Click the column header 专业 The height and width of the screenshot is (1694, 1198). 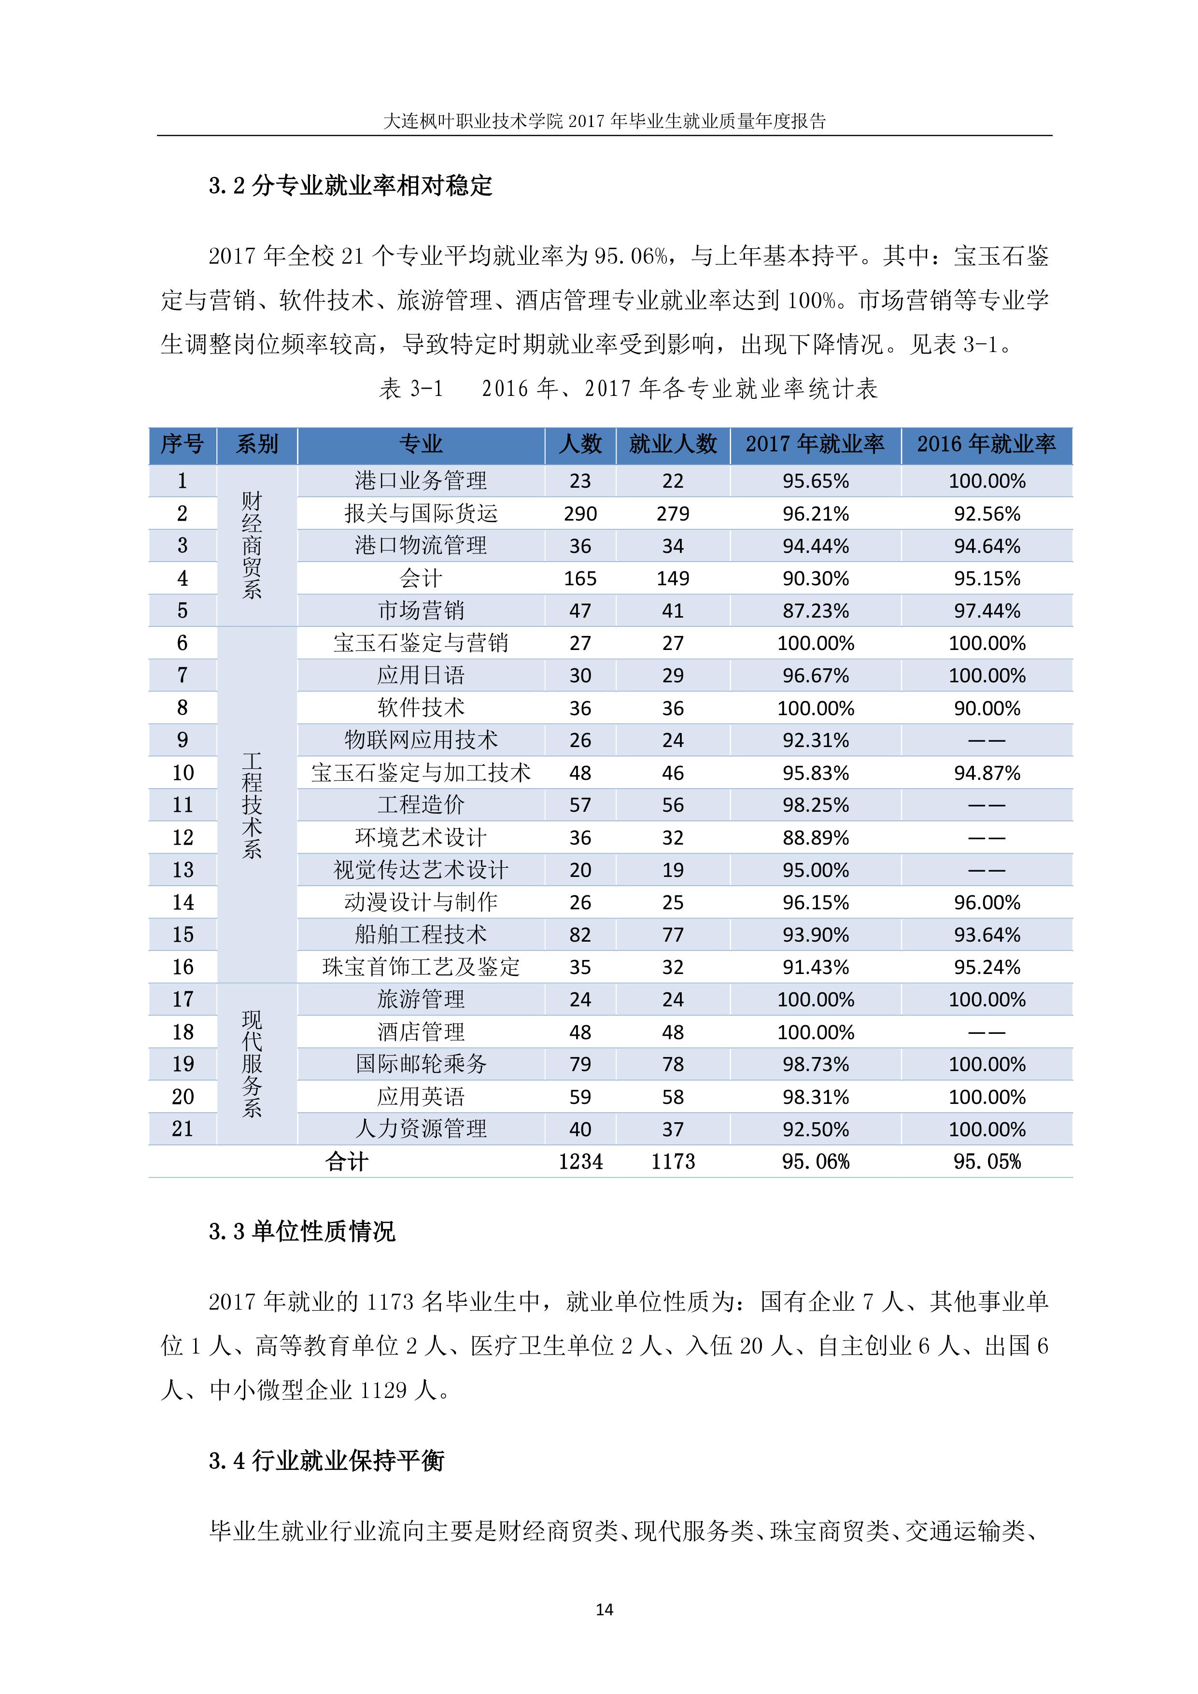coord(421,444)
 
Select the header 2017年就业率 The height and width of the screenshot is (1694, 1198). coord(815,444)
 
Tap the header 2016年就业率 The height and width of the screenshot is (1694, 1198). coord(987,444)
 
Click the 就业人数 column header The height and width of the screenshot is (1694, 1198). coord(673,444)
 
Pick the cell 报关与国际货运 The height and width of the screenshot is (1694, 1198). coord(421,513)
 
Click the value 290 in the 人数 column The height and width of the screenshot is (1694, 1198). coord(580,513)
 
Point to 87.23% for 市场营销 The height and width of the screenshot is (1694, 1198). coord(815,611)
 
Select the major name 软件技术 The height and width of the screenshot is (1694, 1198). coord(421,708)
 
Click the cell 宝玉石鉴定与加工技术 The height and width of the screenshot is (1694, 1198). coord(421,773)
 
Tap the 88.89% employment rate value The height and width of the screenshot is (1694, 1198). coord(815,838)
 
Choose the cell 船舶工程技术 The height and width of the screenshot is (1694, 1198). coord(421,935)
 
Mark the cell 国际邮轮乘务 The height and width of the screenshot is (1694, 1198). coord(421,1065)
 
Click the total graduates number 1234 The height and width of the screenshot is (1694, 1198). coord(580,1162)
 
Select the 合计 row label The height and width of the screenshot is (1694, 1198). coord(347,1162)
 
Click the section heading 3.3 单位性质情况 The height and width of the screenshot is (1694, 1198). coord(302,1231)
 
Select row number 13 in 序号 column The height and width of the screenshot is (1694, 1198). coord(182,871)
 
